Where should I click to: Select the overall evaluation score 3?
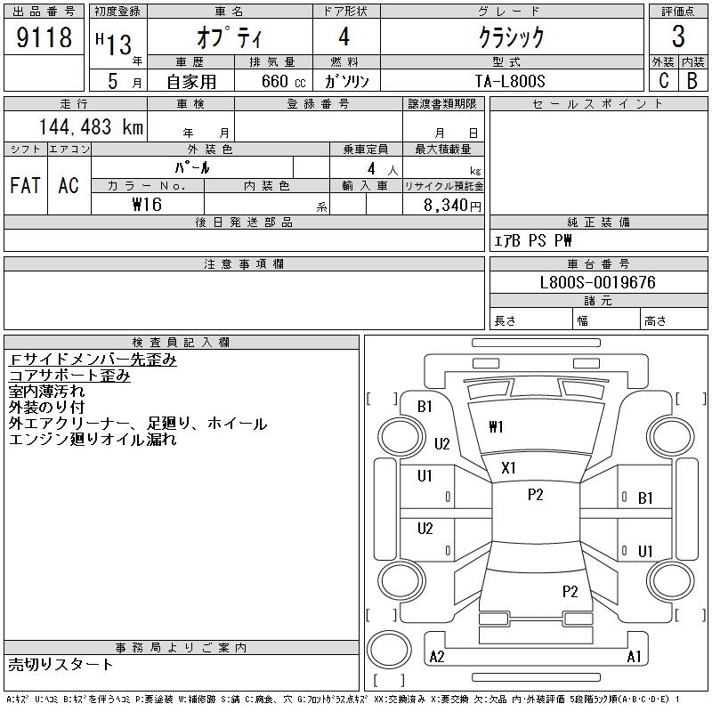678,37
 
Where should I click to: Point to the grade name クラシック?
511,37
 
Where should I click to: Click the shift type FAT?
25,185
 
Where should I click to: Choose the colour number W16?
147,204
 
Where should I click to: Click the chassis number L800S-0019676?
598,282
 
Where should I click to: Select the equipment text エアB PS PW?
533,240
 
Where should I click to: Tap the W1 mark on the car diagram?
496,427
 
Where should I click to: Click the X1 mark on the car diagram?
509,468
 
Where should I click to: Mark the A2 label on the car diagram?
437,657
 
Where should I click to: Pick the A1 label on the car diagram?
634,657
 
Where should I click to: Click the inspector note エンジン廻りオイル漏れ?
93,439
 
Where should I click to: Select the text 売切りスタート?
61,664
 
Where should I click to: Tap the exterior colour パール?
192,167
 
